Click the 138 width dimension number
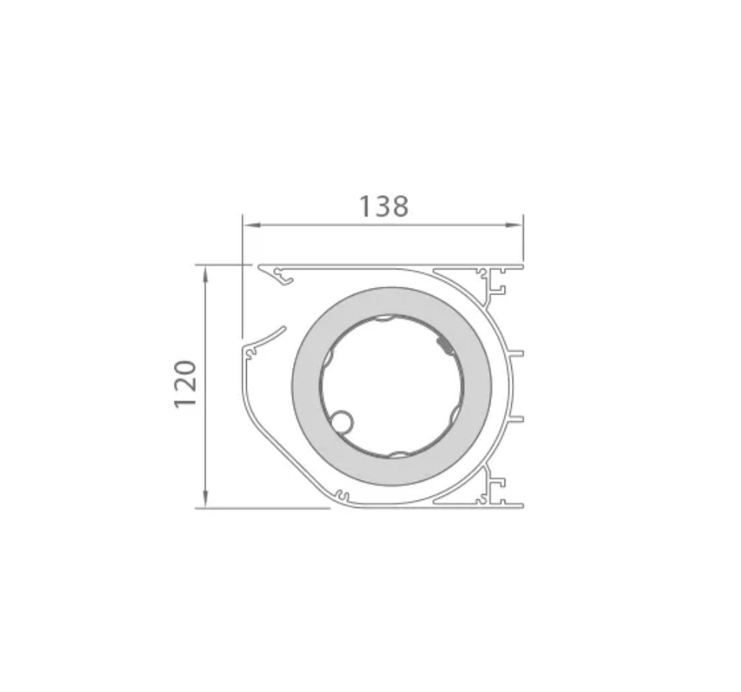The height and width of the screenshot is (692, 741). point(384,207)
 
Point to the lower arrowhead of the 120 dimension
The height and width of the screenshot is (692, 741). point(205,499)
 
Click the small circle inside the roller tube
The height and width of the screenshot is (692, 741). point(341,421)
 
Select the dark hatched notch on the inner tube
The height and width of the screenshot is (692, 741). point(445,345)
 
